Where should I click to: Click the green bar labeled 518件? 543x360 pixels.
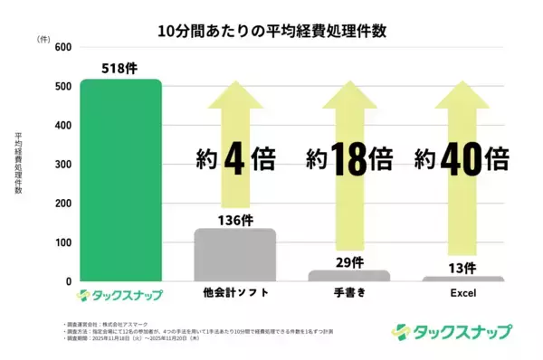coord(121,181)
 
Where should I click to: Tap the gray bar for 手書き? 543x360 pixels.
coord(349,275)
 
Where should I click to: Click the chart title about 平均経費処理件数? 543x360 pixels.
coord(272,31)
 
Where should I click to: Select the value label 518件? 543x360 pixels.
coord(121,67)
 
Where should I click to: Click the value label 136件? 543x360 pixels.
coord(235,218)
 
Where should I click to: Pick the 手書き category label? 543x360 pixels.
coord(349,295)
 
